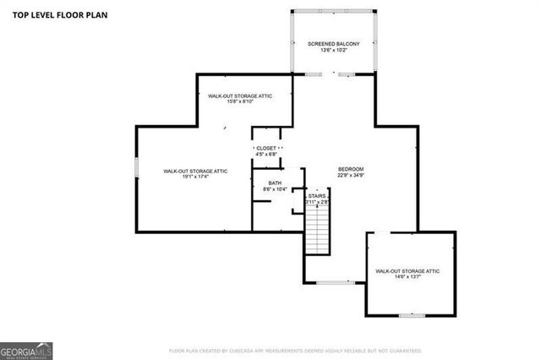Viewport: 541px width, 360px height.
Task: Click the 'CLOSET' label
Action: [265, 147]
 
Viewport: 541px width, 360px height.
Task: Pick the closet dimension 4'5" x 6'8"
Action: [265, 155]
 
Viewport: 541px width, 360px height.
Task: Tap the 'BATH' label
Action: [275, 183]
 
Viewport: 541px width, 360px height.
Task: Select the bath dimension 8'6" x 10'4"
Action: [275, 189]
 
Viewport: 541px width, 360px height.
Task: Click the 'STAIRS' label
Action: [317, 195]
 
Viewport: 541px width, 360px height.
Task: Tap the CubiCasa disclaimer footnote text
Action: [295, 350]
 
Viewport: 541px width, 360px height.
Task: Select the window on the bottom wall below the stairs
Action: [335, 282]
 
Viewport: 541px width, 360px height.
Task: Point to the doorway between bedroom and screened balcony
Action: [334, 74]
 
